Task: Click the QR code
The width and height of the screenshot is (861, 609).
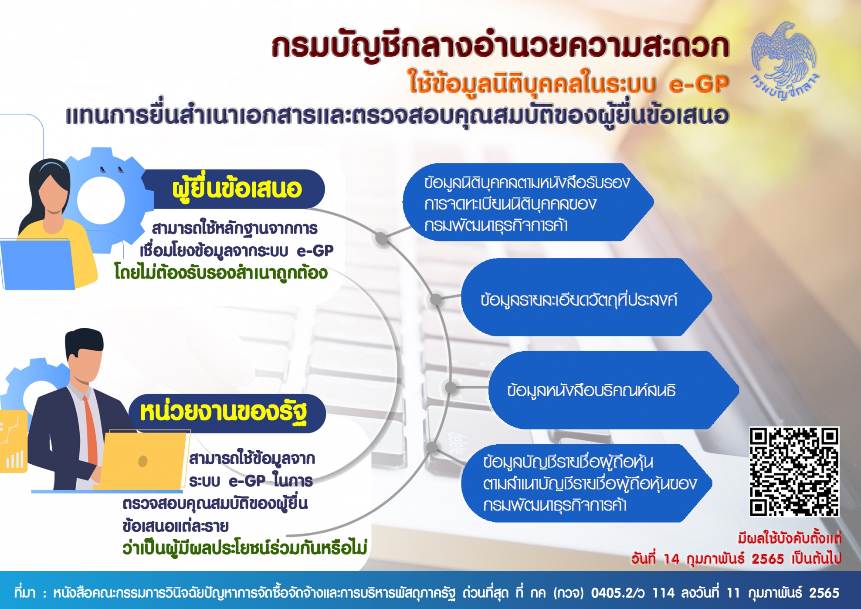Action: pyautogui.click(x=794, y=472)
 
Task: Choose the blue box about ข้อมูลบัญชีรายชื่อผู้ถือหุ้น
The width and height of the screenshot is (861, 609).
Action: pyautogui.click(x=586, y=483)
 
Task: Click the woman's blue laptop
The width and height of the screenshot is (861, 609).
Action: pyautogui.click(x=37, y=264)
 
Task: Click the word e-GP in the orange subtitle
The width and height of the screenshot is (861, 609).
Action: pyautogui.click(x=698, y=84)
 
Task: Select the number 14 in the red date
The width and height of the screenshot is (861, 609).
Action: pyautogui.click(x=671, y=559)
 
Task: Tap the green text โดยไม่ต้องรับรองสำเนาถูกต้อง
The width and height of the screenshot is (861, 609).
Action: pyautogui.click(x=220, y=273)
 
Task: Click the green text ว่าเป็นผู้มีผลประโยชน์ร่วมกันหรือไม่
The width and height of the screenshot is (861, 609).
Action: pyautogui.click(x=245, y=548)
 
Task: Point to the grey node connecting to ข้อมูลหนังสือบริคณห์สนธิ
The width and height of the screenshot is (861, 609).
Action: pyautogui.click(x=451, y=387)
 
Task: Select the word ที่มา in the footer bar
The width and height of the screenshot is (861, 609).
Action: pyautogui.click(x=24, y=593)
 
